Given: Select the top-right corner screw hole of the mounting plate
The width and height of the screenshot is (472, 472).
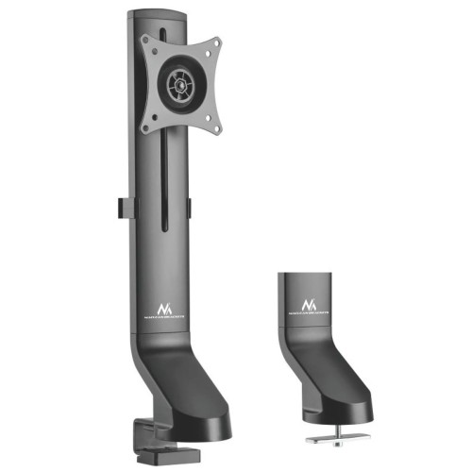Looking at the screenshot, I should tap(214, 44).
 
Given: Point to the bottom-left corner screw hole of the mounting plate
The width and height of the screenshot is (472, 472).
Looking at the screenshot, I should tap(145, 126).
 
